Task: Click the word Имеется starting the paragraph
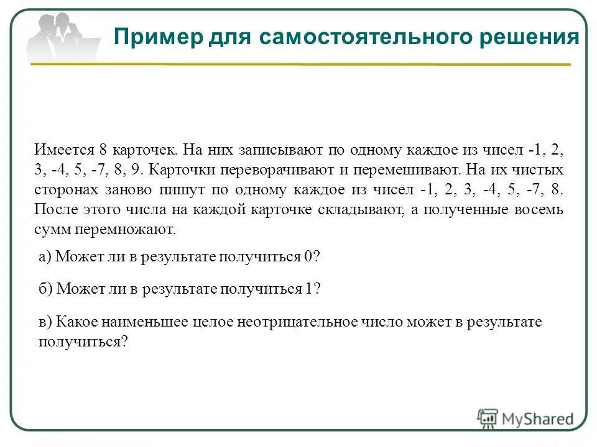click(x=62, y=150)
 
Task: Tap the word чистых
click(x=535, y=170)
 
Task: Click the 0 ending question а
click(x=308, y=257)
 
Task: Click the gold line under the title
click(x=342, y=65)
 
